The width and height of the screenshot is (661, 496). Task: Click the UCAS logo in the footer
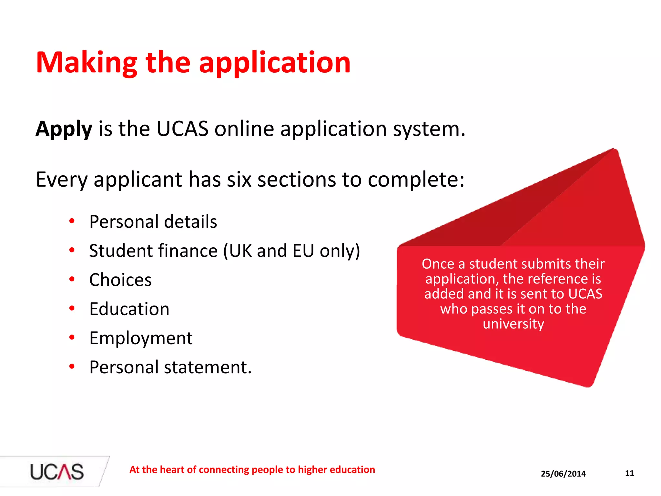pos(57,472)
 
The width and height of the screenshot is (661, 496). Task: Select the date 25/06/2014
pos(563,474)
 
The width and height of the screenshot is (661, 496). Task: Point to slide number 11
pos(629,473)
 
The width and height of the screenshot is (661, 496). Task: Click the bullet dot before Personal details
pos(72,221)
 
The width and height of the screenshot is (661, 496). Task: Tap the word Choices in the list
pos(120,280)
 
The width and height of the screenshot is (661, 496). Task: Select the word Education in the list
pos(129,309)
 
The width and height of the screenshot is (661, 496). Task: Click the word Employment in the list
pos(141,338)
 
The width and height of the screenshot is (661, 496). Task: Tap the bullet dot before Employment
pos(72,337)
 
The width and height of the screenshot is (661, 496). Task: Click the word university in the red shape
pos(513,324)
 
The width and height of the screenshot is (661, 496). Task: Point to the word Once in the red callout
pos(438,264)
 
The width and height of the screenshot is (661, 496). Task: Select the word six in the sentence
pos(239,180)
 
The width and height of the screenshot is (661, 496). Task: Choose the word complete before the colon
pos(413,180)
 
